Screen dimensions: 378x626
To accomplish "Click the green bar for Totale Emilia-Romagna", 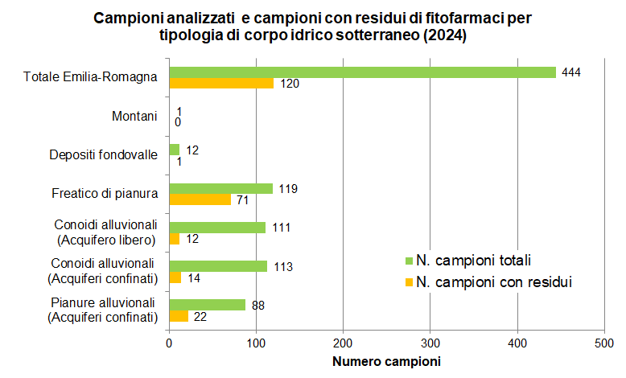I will [362, 72].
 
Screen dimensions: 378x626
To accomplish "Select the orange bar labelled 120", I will [221, 83].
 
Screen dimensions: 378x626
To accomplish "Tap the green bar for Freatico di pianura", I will [220, 188].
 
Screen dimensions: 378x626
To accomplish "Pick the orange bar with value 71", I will [200, 199].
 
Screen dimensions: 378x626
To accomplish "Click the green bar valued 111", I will [217, 228].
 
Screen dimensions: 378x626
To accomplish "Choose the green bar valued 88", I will [207, 305].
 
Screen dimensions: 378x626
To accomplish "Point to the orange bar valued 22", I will [179, 316].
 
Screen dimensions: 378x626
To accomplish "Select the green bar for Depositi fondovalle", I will [174, 150].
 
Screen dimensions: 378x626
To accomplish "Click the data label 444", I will [570, 72].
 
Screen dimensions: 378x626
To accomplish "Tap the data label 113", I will [284, 266].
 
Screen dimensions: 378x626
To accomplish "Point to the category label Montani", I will [134, 116].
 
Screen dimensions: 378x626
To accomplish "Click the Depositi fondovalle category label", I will [103, 154].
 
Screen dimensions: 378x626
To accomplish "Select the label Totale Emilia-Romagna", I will [90, 77].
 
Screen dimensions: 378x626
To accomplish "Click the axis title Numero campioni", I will [386, 361].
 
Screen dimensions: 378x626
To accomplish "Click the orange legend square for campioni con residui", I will [409, 281].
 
